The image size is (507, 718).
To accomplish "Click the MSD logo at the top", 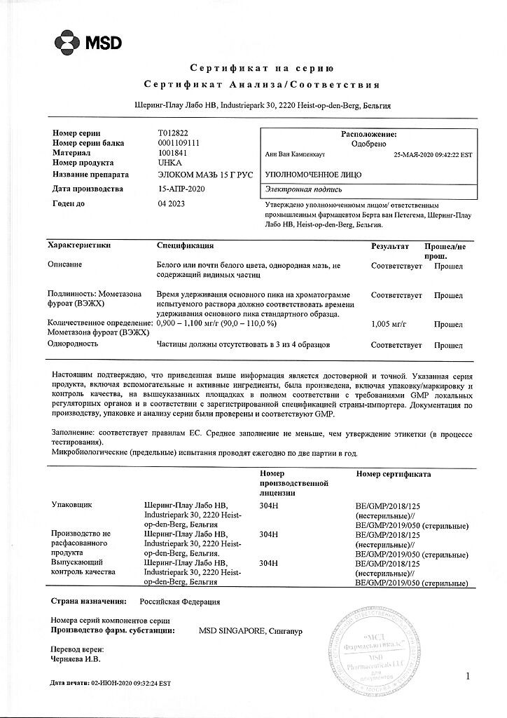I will (x=88, y=42).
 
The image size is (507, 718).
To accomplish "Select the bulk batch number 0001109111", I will (x=181, y=142).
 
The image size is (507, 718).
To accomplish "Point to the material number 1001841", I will (x=174, y=152).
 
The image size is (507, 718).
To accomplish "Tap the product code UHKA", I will (x=170, y=162).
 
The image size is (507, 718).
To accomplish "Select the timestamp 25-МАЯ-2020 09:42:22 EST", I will (x=433, y=155).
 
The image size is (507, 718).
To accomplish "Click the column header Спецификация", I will (x=185, y=246).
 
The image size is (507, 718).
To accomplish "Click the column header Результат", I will (x=390, y=246).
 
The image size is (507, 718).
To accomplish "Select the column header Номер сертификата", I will (x=393, y=475).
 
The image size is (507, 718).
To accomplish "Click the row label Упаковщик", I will (x=72, y=504).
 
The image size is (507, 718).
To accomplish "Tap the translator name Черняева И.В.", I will (x=76, y=658).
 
